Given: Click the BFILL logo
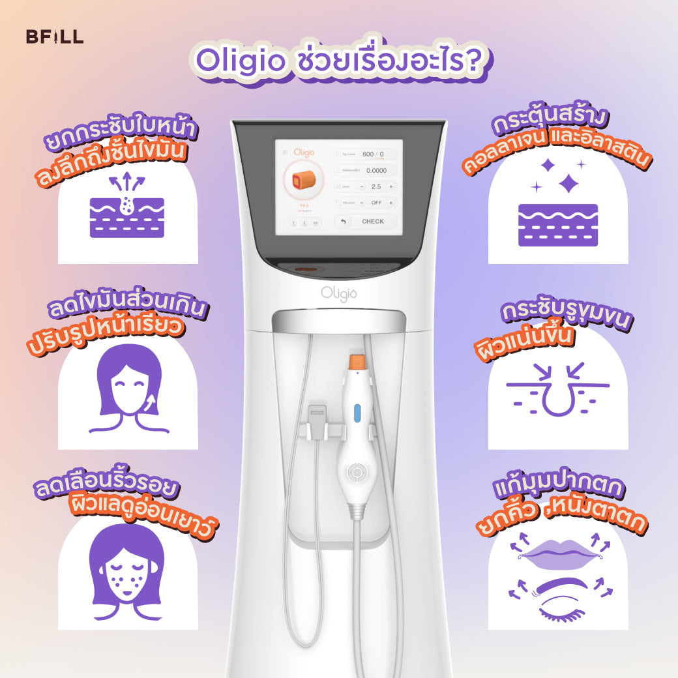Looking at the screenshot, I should [55, 37].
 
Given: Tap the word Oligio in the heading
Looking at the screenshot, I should [240, 63].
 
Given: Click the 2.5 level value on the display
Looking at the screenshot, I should [376, 186].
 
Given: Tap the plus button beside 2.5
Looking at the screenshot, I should [391, 186].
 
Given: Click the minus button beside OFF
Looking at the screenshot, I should [362, 203].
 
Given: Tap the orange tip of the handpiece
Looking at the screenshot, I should [356, 361].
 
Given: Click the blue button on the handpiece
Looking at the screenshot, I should [357, 413].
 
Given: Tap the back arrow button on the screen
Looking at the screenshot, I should [344, 222].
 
